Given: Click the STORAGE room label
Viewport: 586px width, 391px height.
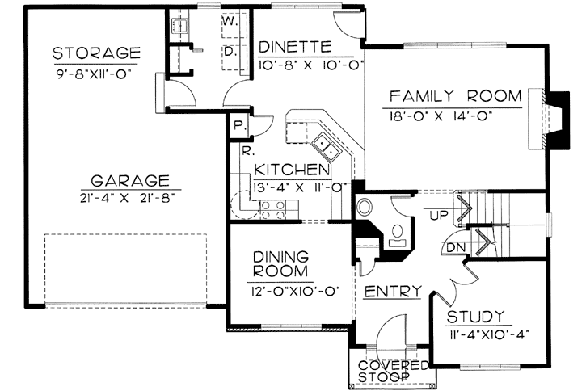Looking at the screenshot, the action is tap(96, 53).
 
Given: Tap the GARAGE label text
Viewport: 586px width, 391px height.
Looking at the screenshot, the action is tap(130, 181).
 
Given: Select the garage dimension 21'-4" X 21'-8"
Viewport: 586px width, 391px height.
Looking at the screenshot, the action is tap(128, 198).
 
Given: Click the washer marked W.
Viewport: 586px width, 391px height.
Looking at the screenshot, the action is tap(234, 24).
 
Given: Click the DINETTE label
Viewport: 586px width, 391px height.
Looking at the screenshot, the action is tap(295, 48).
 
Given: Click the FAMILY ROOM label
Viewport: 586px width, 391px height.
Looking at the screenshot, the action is tap(456, 96).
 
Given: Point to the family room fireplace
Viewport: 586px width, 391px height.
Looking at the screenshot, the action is tap(549, 120).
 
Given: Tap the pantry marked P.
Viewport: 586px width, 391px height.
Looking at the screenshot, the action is tap(238, 126).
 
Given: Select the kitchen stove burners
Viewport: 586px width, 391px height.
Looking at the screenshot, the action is tap(272, 209).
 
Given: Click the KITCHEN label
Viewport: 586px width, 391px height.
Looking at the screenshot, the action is tap(293, 170).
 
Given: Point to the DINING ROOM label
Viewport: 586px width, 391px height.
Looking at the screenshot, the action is tap(280, 264).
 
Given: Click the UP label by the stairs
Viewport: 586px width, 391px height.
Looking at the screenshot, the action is tap(439, 215).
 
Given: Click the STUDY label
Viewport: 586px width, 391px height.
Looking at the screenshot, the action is tap(475, 317).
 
